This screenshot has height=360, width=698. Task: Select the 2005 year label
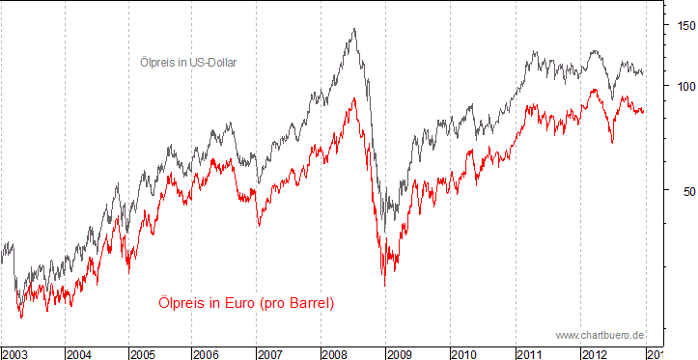click(x=143, y=353)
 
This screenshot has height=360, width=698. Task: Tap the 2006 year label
click(x=208, y=353)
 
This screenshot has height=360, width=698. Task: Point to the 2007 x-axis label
click(x=271, y=353)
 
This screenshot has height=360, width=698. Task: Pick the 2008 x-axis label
click(x=336, y=353)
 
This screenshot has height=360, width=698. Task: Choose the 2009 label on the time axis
click(x=401, y=353)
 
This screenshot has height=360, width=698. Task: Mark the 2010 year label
click(x=464, y=353)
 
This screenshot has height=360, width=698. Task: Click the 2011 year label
click(x=529, y=353)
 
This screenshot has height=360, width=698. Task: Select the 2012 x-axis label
click(x=593, y=353)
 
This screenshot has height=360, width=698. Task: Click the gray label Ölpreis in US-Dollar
click(x=188, y=63)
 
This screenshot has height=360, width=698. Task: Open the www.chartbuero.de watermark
click(x=600, y=334)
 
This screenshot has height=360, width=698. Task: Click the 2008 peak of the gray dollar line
click(x=354, y=29)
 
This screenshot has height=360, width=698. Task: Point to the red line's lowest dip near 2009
click(x=384, y=286)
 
